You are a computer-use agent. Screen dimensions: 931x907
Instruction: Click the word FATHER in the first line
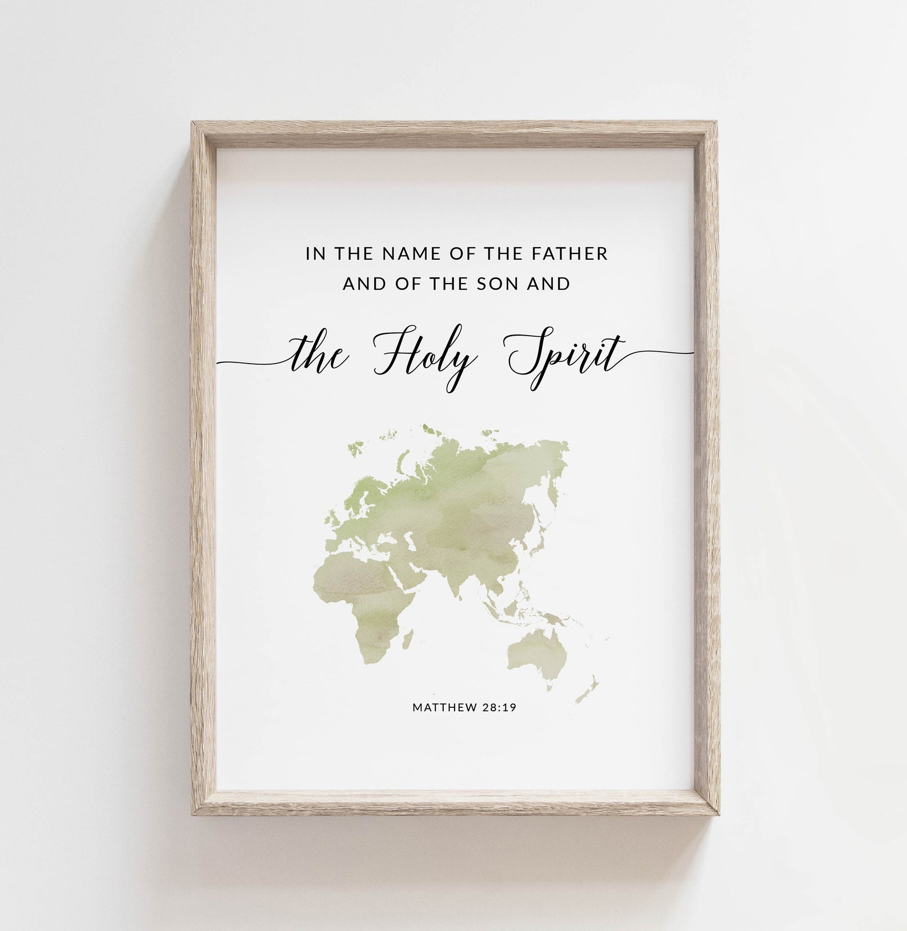(x=572, y=254)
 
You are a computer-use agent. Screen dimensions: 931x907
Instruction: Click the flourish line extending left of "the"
(x=251, y=362)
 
